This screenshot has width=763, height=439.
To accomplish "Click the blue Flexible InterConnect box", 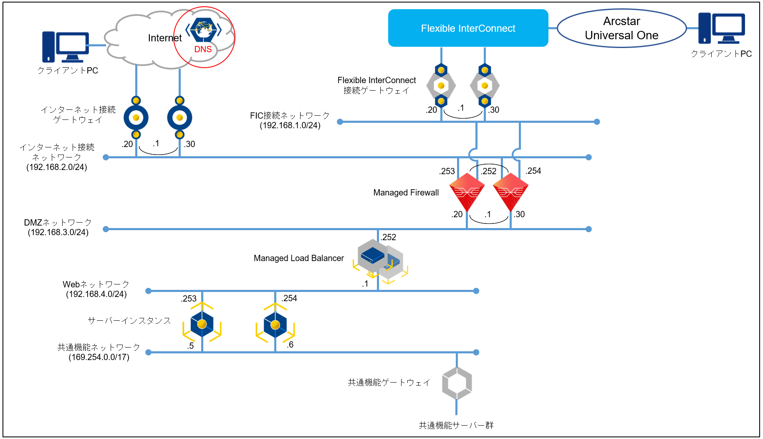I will click(x=468, y=28).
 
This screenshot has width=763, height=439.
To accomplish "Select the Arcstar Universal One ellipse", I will click(x=622, y=28).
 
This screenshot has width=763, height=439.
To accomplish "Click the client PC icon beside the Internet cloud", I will click(x=66, y=47).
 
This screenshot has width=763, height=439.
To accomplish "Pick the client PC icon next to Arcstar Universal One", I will click(x=721, y=28).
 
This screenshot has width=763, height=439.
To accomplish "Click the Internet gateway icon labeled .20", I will click(x=136, y=118).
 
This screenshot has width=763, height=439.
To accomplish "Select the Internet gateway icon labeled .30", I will click(x=179, y=118).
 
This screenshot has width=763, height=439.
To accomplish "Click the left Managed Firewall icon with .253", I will click(x=467, y=192).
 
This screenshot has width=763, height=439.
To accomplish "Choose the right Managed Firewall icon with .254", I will click(x=510, y=192).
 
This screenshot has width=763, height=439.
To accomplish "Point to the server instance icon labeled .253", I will click(x=202, y=324).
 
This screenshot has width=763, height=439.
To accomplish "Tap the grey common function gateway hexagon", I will click(x=457, y=383).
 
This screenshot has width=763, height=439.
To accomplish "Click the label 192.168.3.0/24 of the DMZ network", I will click(x=58, y=232).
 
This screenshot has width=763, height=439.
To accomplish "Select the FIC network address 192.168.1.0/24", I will click(x=290, y=125).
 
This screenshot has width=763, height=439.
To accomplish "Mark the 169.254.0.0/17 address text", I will click(x=99, y=357).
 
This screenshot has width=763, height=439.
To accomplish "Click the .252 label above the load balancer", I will click(x=389, y=237).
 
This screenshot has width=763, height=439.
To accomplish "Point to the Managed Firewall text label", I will click(x=406, y=193).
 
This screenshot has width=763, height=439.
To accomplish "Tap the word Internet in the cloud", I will click(x=164, y=38).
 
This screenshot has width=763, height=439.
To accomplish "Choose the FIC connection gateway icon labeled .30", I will click(x=485, y=86).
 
